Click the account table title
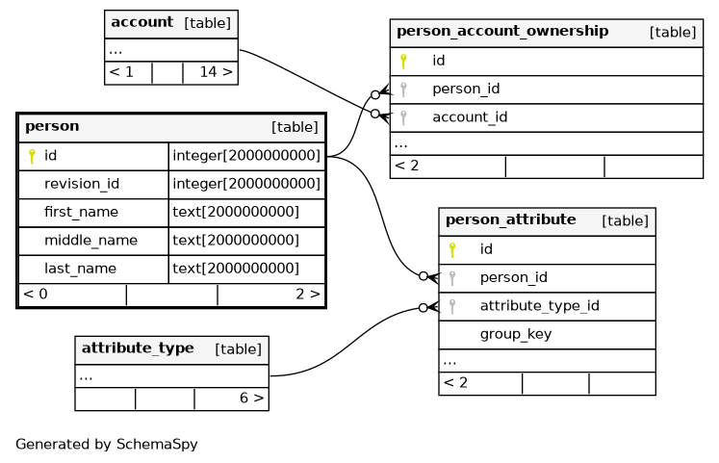[x=142, y=22]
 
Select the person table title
[x=52, y=126]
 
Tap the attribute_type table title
[x=138, y=347]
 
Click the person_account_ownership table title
[x=502, y=31]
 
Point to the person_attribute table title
[x=511, y=219]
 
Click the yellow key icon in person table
[x=32, y=156]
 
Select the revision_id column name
[x=82, y=184]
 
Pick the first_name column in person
[x=81, y=212]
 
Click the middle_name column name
[x=90, y=241]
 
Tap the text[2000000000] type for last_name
[x=236, y=269]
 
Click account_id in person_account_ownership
[x=470, y=117]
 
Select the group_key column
[x=516, y=334]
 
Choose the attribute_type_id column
[x=540, y=306]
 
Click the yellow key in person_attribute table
[x=452, y=250]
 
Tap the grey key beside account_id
[x=403, y=117]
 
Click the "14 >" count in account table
[x=216, y=72]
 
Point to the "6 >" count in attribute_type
[x=252, y=398]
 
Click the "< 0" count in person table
[x=36, y=294]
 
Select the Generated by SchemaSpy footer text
[x=107, y=444]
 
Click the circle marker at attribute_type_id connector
[x=424, y=308]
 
